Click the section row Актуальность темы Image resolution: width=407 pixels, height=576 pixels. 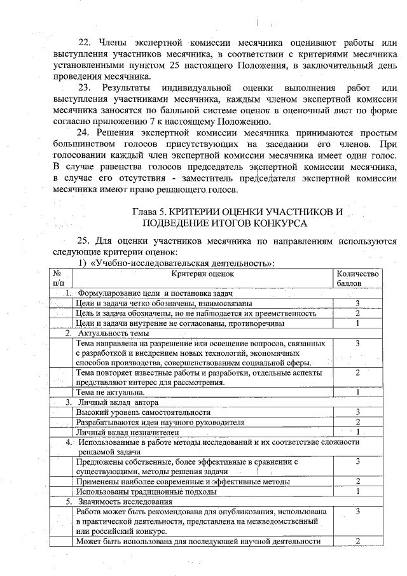pyautogui.click(x=113, y=333)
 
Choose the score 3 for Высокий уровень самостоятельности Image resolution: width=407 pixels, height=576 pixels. pyautogui.click(x=358, y=412)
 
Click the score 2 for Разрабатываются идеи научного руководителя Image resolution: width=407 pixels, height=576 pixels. pyautogui.click(x=358, y=422)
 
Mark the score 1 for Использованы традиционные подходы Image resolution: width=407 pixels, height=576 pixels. pyautogui.click(x=358, y=491)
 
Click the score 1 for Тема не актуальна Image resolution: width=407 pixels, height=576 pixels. pyautogui.click(x=358, y=393)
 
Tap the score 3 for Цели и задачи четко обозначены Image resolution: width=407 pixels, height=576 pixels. pyautogui.click(x=358, y=304)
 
